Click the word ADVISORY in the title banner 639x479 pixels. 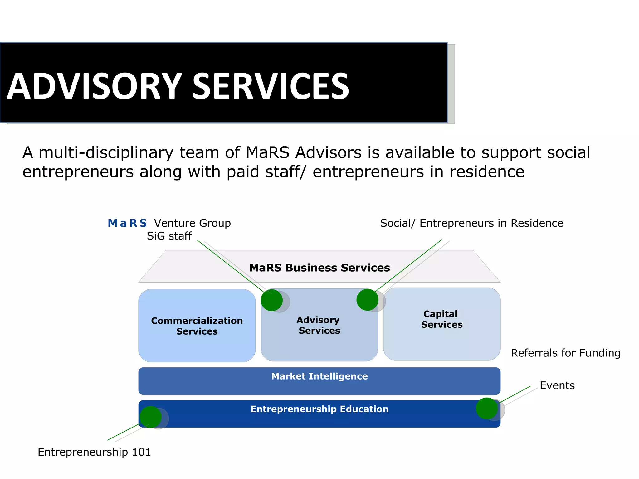pyautogui.click(x=94, y=86)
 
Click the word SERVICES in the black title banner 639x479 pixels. pyautogui.click(x=271, y=86)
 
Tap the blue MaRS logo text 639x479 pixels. pyautogui.click(x=127, y=223)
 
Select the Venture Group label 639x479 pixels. pyautogui.click(x=192, y=223)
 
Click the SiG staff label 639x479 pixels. pyautogui.click(x=169, y=236)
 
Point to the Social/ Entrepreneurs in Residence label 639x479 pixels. pyautogui.click(x=471, y=223)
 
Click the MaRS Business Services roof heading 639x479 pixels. pyautogui.click(x=319, y=268)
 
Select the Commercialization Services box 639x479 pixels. pyautogui.click(x=197, y=326)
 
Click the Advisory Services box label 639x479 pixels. pyautogui.click(x=319, y=325)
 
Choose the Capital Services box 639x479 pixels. pyautogui.click(x=441, y=319)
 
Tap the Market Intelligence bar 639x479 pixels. pyautogui.click(x=319, y=376)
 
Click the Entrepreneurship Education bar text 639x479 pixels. pyautogui.click(x=319, y=409)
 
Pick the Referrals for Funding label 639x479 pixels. pyautogui.click(x=565, y=353)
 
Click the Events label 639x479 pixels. pyautogui.click(x=557, y=386)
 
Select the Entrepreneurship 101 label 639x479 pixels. pyautogui.click(x=94, y=452)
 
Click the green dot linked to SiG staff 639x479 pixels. pyautogui.click(x=272, y=300)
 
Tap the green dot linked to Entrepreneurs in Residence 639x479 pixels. pyautogui.click(x=367, y=300)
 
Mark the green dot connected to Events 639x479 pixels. pyautogui.click(x=487, y=409)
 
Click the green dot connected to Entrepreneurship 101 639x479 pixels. pyautogui.click(x=151, y=417)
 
